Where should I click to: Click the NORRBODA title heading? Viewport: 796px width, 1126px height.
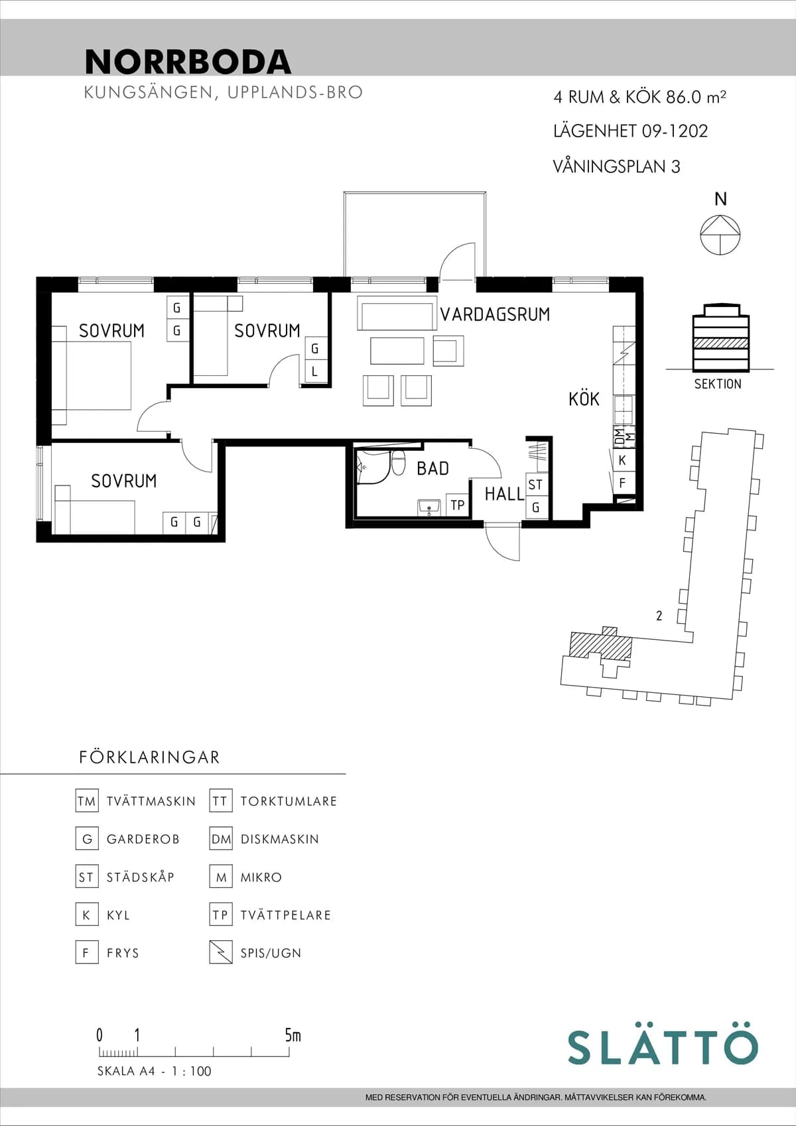(188, 62)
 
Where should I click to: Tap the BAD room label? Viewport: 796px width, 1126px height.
(432, 469)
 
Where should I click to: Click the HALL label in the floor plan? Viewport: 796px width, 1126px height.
(504, 494)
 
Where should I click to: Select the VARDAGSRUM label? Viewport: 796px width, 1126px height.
(495, 314)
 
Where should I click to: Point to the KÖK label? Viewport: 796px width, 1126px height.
(584, 399)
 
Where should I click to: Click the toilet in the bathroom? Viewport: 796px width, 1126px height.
(398, 462)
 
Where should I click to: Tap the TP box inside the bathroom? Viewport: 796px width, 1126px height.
(457, 505)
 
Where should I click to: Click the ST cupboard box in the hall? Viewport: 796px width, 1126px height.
(535, 485)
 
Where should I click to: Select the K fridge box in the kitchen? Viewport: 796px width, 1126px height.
(622, 460)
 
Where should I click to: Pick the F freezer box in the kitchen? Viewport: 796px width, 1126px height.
(622, 483)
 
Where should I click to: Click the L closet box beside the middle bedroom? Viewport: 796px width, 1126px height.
(314, 372)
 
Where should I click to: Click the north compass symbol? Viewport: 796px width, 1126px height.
(720, 235)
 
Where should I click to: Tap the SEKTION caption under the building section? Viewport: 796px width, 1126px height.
(718, 384)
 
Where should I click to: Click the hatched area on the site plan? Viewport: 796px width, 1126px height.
(600, 644)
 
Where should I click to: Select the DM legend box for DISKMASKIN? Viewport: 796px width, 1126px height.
(221, 839)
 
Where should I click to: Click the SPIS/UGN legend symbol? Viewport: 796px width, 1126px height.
(221, 952)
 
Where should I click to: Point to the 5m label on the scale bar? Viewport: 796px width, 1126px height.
(293, 1035)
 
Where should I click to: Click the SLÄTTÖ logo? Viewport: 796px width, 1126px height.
(662, 1046)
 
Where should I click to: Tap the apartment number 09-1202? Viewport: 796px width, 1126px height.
(675, 131)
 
